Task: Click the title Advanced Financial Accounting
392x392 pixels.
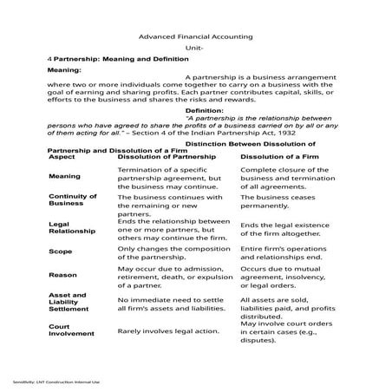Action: pyautogui.click(x=196, y=36)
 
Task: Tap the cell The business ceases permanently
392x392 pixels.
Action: pyautogui.click(x=284, y=201)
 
